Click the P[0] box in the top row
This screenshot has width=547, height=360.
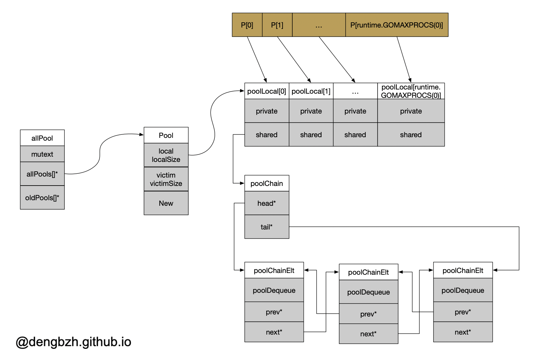247,25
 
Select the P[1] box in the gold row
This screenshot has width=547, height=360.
277,25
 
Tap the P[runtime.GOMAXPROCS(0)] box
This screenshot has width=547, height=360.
397,25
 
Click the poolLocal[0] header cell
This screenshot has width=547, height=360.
267,91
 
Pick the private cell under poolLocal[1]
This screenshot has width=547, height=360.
311,111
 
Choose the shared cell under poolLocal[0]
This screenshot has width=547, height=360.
267,135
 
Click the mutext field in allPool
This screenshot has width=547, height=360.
42,154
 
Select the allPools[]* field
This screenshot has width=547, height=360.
42,174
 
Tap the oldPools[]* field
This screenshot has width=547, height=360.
42,197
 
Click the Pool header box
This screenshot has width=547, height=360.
166,135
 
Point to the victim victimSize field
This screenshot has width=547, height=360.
166,179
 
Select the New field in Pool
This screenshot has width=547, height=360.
166,203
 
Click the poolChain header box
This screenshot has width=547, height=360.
267,183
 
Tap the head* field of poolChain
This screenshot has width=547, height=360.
267,203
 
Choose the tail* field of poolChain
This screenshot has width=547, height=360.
267,227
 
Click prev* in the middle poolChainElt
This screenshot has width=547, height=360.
368,314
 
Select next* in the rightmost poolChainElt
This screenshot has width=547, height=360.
463,332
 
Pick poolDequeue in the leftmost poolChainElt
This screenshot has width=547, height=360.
274,290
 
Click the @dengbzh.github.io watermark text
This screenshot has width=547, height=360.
73,342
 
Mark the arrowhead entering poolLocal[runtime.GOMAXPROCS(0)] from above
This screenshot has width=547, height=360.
410,80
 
